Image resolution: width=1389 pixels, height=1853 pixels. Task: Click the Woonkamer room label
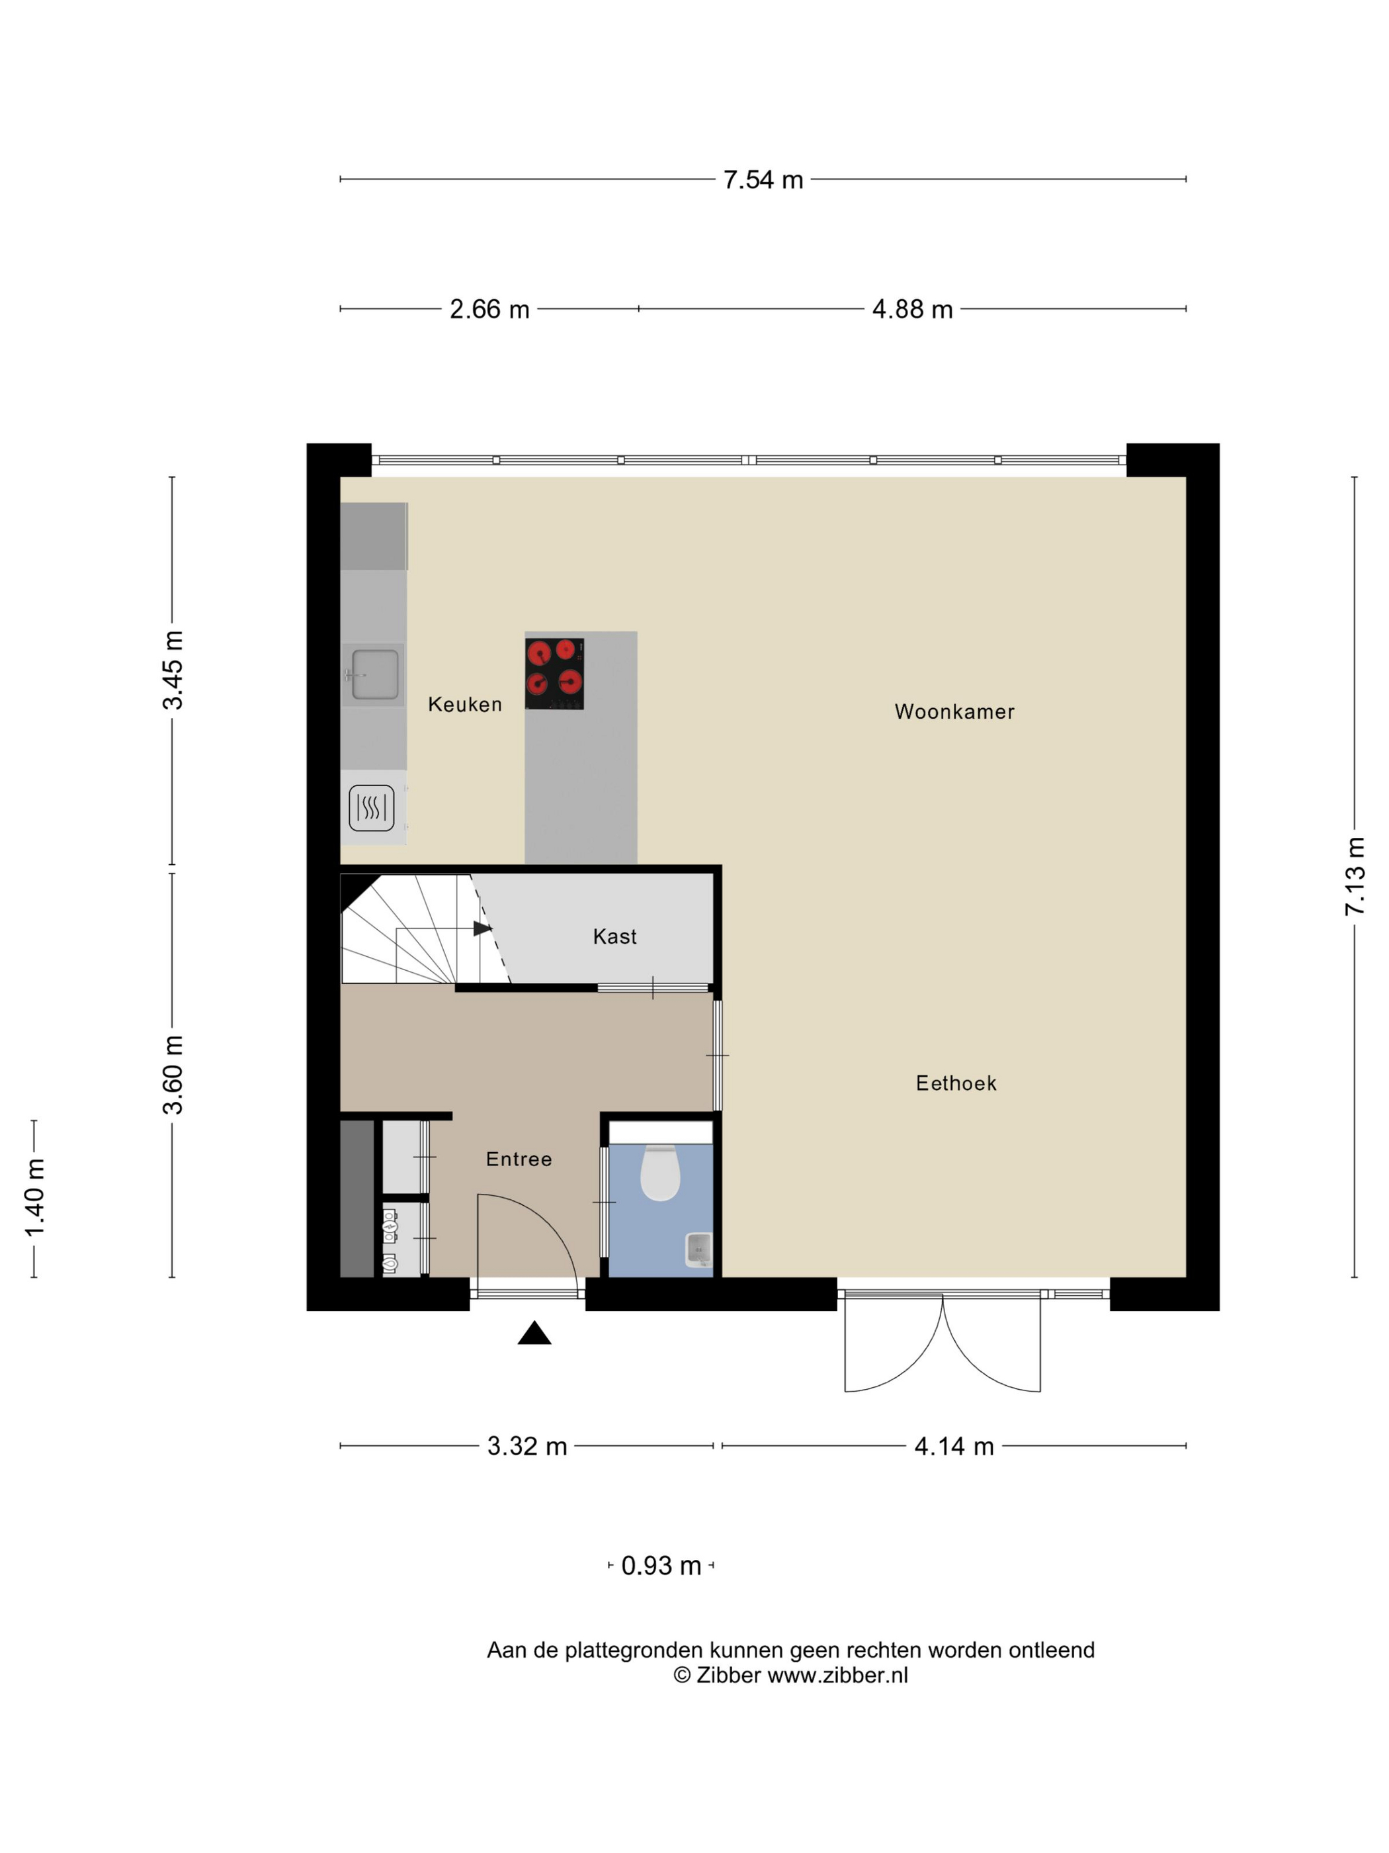tap(954, 712)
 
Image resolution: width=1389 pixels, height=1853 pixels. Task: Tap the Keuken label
tap(465, 705)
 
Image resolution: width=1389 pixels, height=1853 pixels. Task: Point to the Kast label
tap(614, 936)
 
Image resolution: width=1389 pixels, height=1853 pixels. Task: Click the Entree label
tap(519, 1159)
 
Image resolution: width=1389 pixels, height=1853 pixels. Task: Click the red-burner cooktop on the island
tap(554, 674)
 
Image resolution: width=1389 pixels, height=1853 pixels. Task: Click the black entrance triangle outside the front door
tap(534, 1333)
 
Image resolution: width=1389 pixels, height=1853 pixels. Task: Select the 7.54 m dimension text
tap(763, 180)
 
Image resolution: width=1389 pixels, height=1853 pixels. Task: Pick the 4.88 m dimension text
tap(911, 310)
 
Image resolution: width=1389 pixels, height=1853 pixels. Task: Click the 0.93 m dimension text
tap(661, 1566)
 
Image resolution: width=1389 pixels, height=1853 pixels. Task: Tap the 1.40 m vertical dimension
tap(34, 1198)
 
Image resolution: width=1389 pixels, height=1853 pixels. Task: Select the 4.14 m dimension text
tap(954, 1447)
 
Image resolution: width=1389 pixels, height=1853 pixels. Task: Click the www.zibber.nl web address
tap(837, 1676)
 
